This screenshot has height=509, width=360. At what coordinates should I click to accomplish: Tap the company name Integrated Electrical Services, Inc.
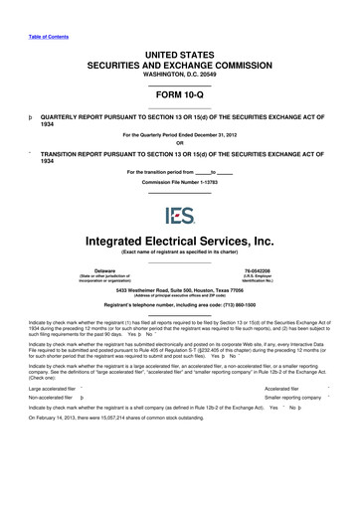tap(180, 213)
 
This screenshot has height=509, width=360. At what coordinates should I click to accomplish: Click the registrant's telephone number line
tap(180, 278)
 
